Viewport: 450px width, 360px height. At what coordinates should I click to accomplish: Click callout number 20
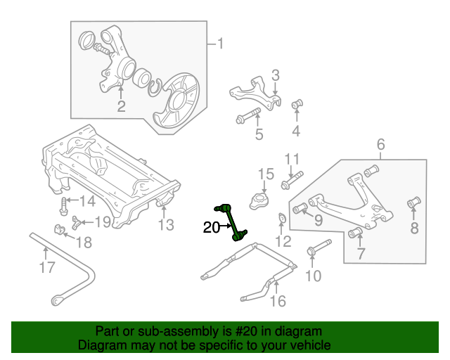212,227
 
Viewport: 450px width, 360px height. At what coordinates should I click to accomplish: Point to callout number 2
121,107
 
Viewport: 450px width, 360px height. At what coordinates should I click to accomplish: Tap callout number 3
276,75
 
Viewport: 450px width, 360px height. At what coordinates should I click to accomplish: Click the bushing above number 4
297,105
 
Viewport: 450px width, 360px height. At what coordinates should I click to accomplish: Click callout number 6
380,145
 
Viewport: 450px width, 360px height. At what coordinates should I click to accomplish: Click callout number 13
165,225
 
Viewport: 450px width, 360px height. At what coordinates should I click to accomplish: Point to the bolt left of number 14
64,206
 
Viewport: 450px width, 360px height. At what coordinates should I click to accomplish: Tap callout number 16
278,302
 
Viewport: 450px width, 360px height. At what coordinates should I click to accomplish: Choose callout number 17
47,267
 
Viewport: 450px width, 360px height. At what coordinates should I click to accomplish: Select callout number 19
103,222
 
